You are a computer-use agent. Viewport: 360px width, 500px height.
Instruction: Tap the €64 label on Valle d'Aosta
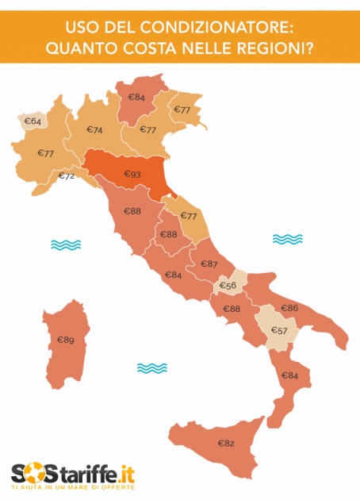pos(33,121)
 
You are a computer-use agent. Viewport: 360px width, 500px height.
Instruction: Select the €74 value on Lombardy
pos(94,130)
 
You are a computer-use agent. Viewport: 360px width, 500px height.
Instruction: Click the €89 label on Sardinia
pos(65,340)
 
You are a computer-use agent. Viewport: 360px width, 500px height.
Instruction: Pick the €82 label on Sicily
pos(225,443)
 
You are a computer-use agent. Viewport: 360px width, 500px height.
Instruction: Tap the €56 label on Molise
pos(228,286)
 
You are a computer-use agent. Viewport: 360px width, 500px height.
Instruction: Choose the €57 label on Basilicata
pos(279,330)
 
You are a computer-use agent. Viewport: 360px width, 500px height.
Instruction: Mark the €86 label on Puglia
pos(289,307)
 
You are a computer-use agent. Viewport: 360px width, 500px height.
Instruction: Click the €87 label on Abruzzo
pos(209,263)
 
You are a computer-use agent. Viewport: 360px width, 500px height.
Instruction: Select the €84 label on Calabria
pos(289,375)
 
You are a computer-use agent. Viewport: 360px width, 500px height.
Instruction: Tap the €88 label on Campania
pos(232,309)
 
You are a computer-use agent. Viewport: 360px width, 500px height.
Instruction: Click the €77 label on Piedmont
pos(45,153)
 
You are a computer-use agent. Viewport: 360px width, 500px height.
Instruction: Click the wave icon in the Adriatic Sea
pos(287,238)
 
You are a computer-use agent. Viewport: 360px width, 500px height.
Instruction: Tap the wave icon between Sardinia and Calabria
pos(151,367)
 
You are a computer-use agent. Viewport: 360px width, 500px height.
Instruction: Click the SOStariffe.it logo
pos(73,475)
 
